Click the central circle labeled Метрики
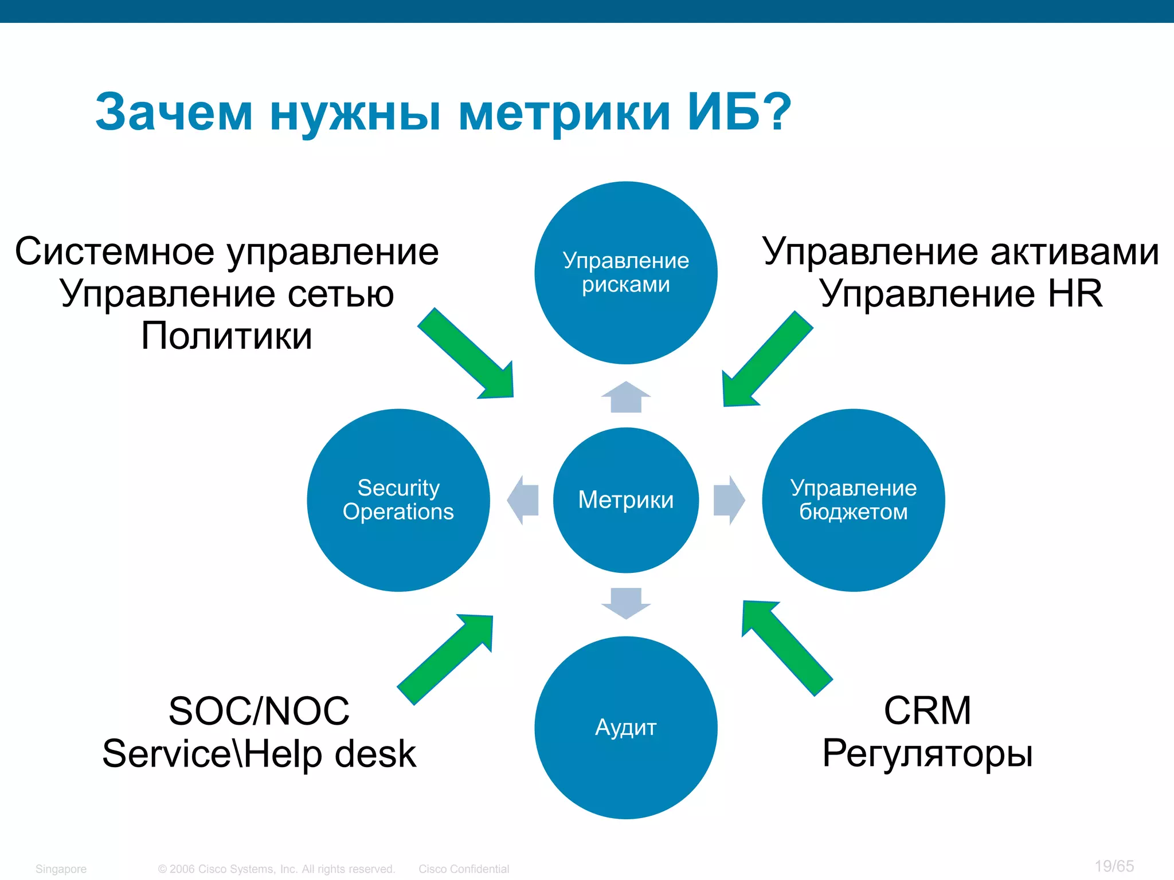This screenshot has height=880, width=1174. pos(625,500)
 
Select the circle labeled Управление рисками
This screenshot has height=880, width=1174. pos(625,273)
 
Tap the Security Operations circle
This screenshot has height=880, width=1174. pos(398,500)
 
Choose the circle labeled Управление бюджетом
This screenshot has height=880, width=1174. pos(853,500)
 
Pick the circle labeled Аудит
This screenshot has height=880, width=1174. pos(625,728)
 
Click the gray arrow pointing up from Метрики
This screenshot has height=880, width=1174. pos(625,397)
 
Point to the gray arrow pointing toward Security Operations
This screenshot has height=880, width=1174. pos(524,500)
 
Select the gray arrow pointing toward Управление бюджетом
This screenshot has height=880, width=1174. pos(728,500)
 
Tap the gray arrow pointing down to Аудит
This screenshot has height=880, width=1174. pos(625,603)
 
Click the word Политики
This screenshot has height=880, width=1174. pos(226,336)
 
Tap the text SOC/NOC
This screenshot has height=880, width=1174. pos(259,711)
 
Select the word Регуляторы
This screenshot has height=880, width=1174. pos(927,753)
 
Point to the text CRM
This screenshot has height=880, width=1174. pos(927,710)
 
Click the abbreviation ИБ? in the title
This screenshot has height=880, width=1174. pos(739,112)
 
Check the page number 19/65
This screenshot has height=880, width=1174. pos(1114,866)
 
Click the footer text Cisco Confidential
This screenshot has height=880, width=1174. pos(463,869)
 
